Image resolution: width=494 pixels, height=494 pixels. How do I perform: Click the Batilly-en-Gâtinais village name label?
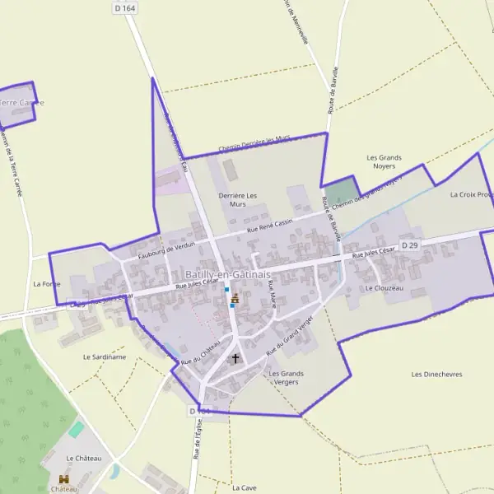[x=218, y=273]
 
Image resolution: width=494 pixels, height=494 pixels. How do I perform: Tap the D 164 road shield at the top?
[x=124, y=7]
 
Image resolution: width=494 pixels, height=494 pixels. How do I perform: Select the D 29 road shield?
[x=410, y=245]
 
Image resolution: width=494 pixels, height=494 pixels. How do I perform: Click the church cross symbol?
[x=235, y=358]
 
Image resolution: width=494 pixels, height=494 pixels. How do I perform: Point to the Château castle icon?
[x=64, y=478]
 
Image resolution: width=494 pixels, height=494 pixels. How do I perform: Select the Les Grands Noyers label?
[x=384, y=161]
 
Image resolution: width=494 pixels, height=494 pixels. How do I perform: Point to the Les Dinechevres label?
[x=436, y=374]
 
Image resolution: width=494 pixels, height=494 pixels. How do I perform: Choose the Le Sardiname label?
[x=105, y=357]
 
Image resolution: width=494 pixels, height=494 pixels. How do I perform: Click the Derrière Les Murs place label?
[x=238, y=199]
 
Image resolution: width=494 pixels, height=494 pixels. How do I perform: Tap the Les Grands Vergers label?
[x=286, y=378]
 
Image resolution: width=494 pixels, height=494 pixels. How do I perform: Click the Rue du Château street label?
[x=200, y=351]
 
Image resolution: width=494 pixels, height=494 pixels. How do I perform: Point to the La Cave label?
[x=245, y=487]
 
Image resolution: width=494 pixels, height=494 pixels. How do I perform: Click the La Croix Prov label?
[x=471, y=195]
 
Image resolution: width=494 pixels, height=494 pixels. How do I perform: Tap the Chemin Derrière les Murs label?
[x=255, y=145]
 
